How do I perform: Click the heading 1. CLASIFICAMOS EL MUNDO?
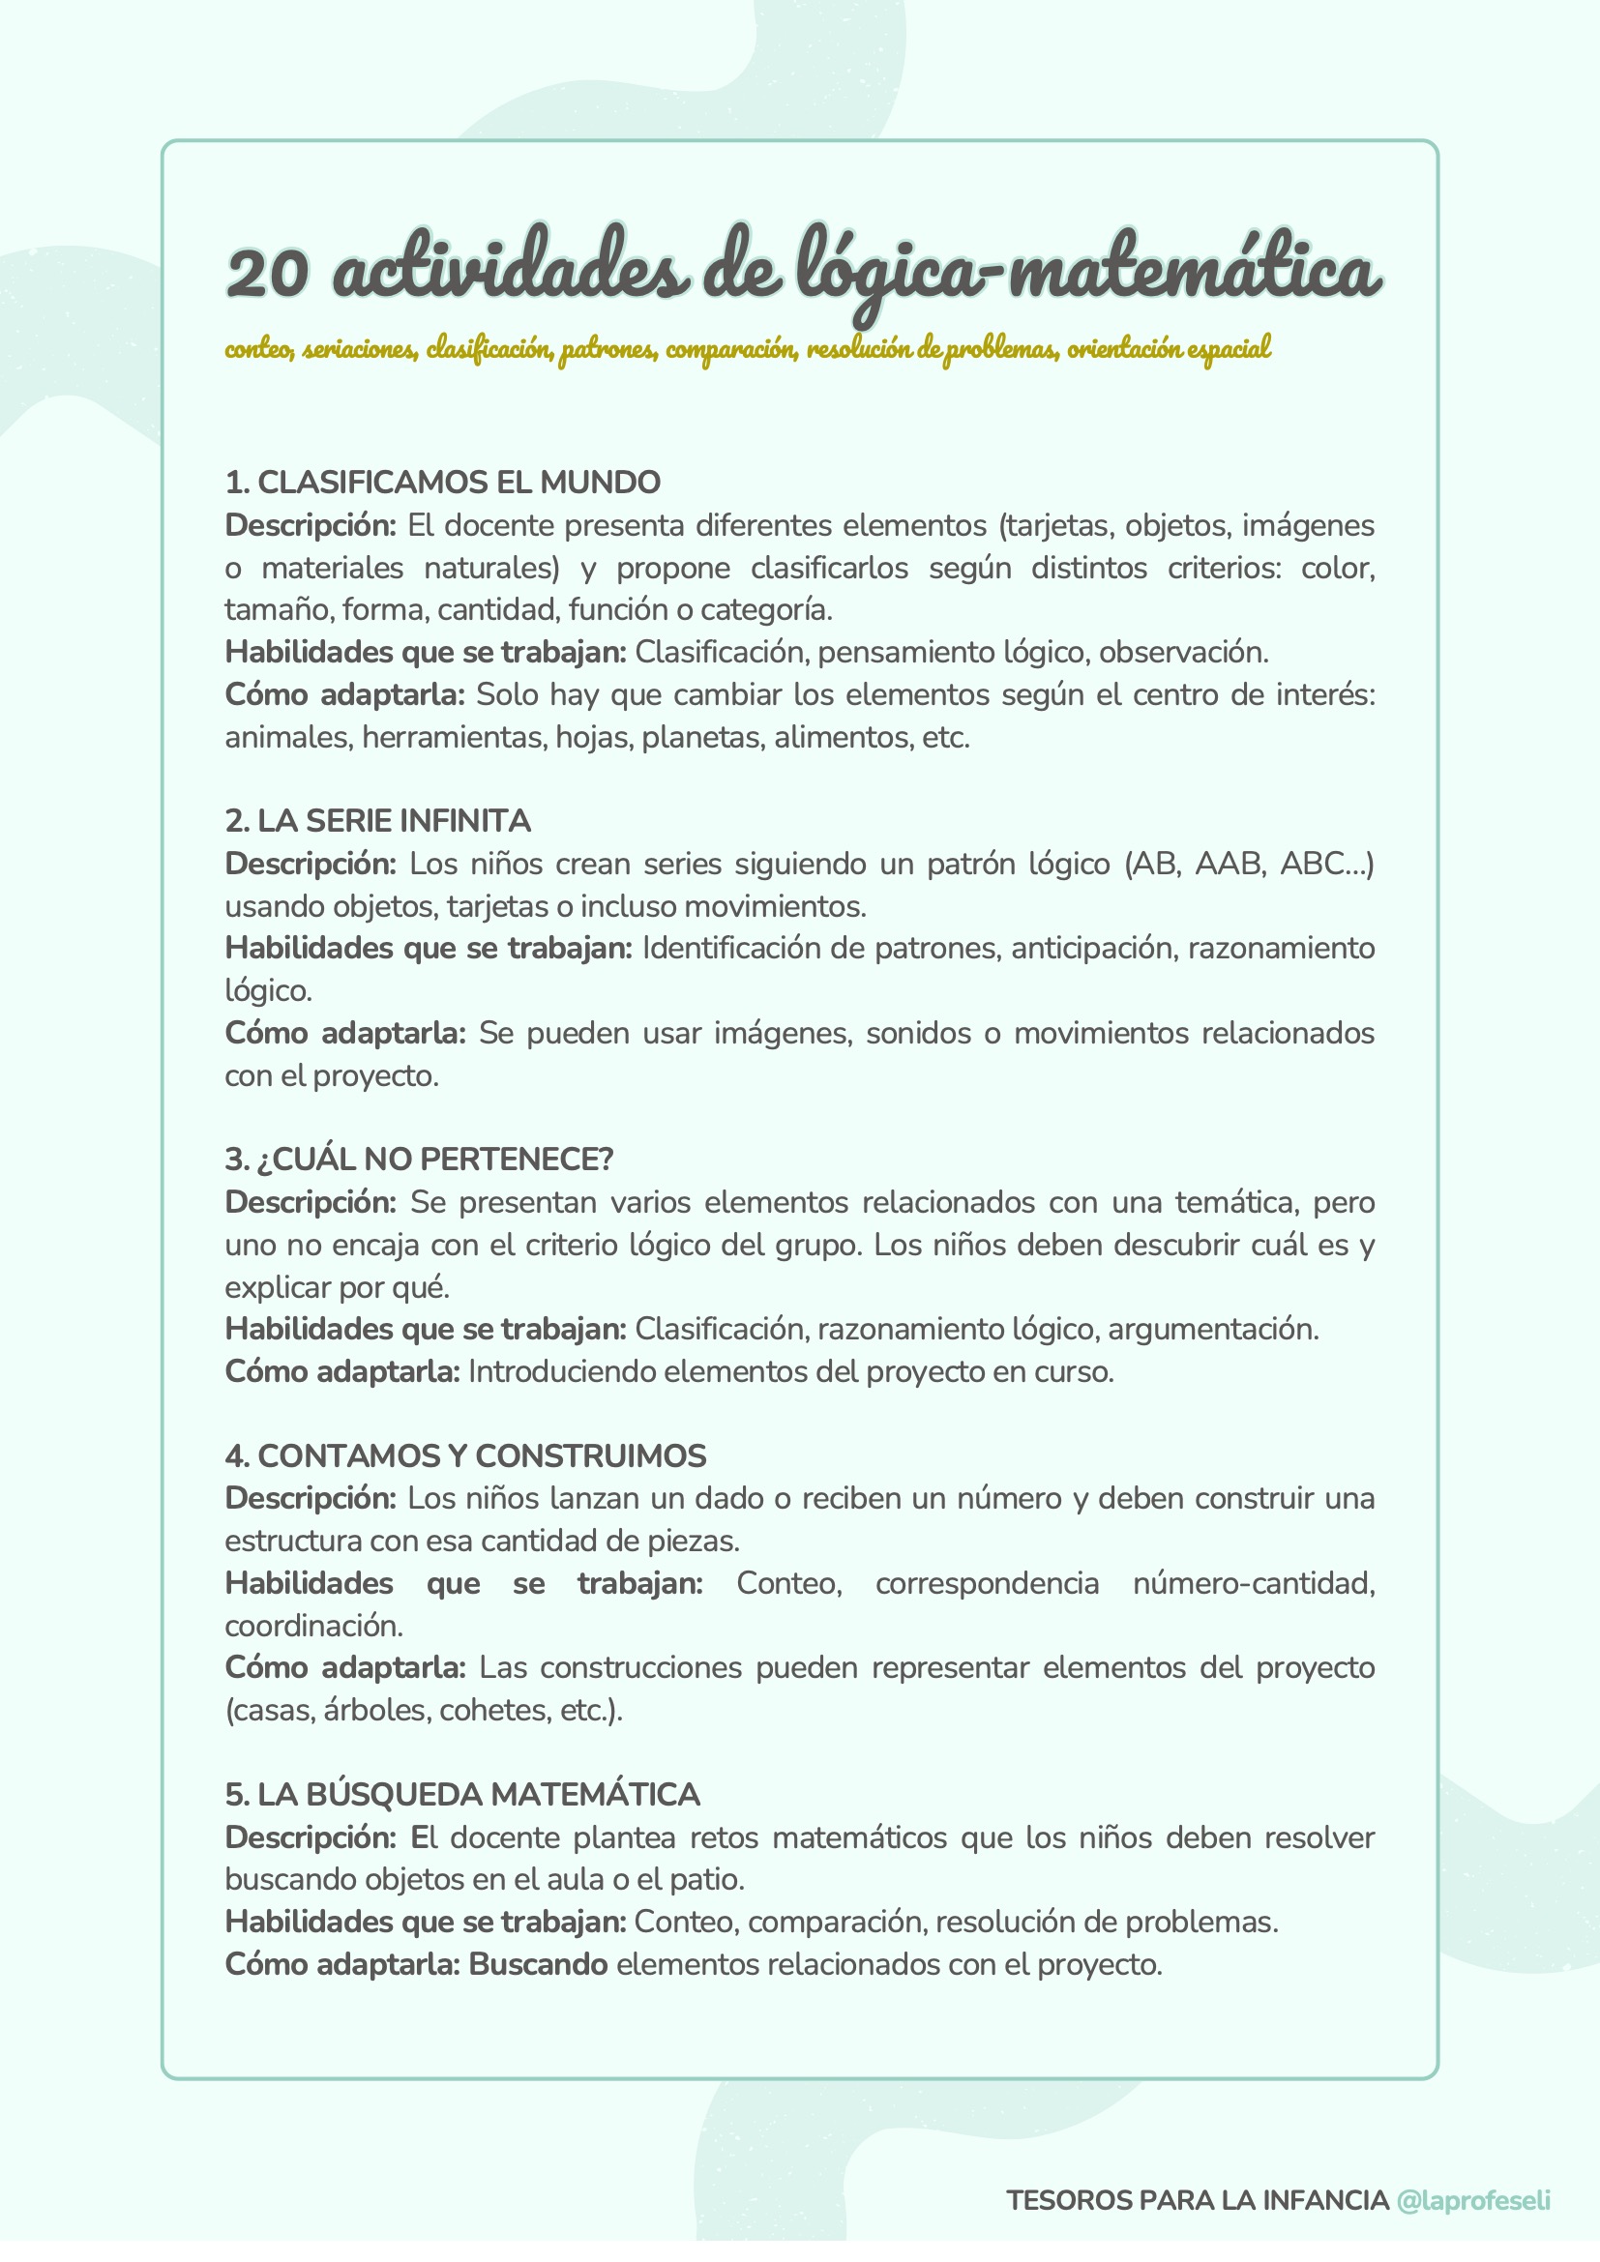tap(442, 483)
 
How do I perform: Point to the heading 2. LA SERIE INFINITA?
tap(377, 821)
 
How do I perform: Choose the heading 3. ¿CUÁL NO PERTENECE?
tap(419, 1159)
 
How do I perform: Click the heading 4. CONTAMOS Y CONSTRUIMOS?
tap(465, 1455)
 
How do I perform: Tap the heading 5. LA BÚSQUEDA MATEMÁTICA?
tap(462, 1794)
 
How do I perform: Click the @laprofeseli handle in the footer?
tap(1473, 2200)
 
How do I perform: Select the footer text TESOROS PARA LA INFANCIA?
tap(1197, 2200)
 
